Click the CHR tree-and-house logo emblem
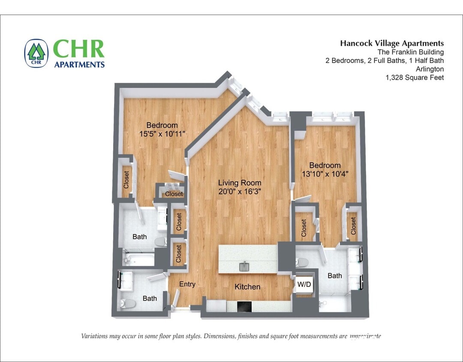(x=36, y=53)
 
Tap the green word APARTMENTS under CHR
(x=79, y=64)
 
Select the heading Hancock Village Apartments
(x=392, y=43)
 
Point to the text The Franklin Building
(x=410, y=52)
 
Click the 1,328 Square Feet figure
(x=415, y=78)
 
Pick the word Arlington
(x=430, y=69)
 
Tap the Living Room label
(x=240, y=183)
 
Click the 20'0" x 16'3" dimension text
(x=240, y=192)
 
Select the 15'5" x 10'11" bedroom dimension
(x=162, y=134)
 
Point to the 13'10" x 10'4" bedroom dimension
(x=325, y=174)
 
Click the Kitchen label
(x=247, y=287)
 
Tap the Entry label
(x=187, y=284)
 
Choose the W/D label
(x=305, y=284)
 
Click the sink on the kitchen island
(x=244, y=267)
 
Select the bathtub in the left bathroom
(x=138, y=259)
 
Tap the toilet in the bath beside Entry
(x=127, y=304)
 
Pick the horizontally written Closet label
(x=174, y=194)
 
